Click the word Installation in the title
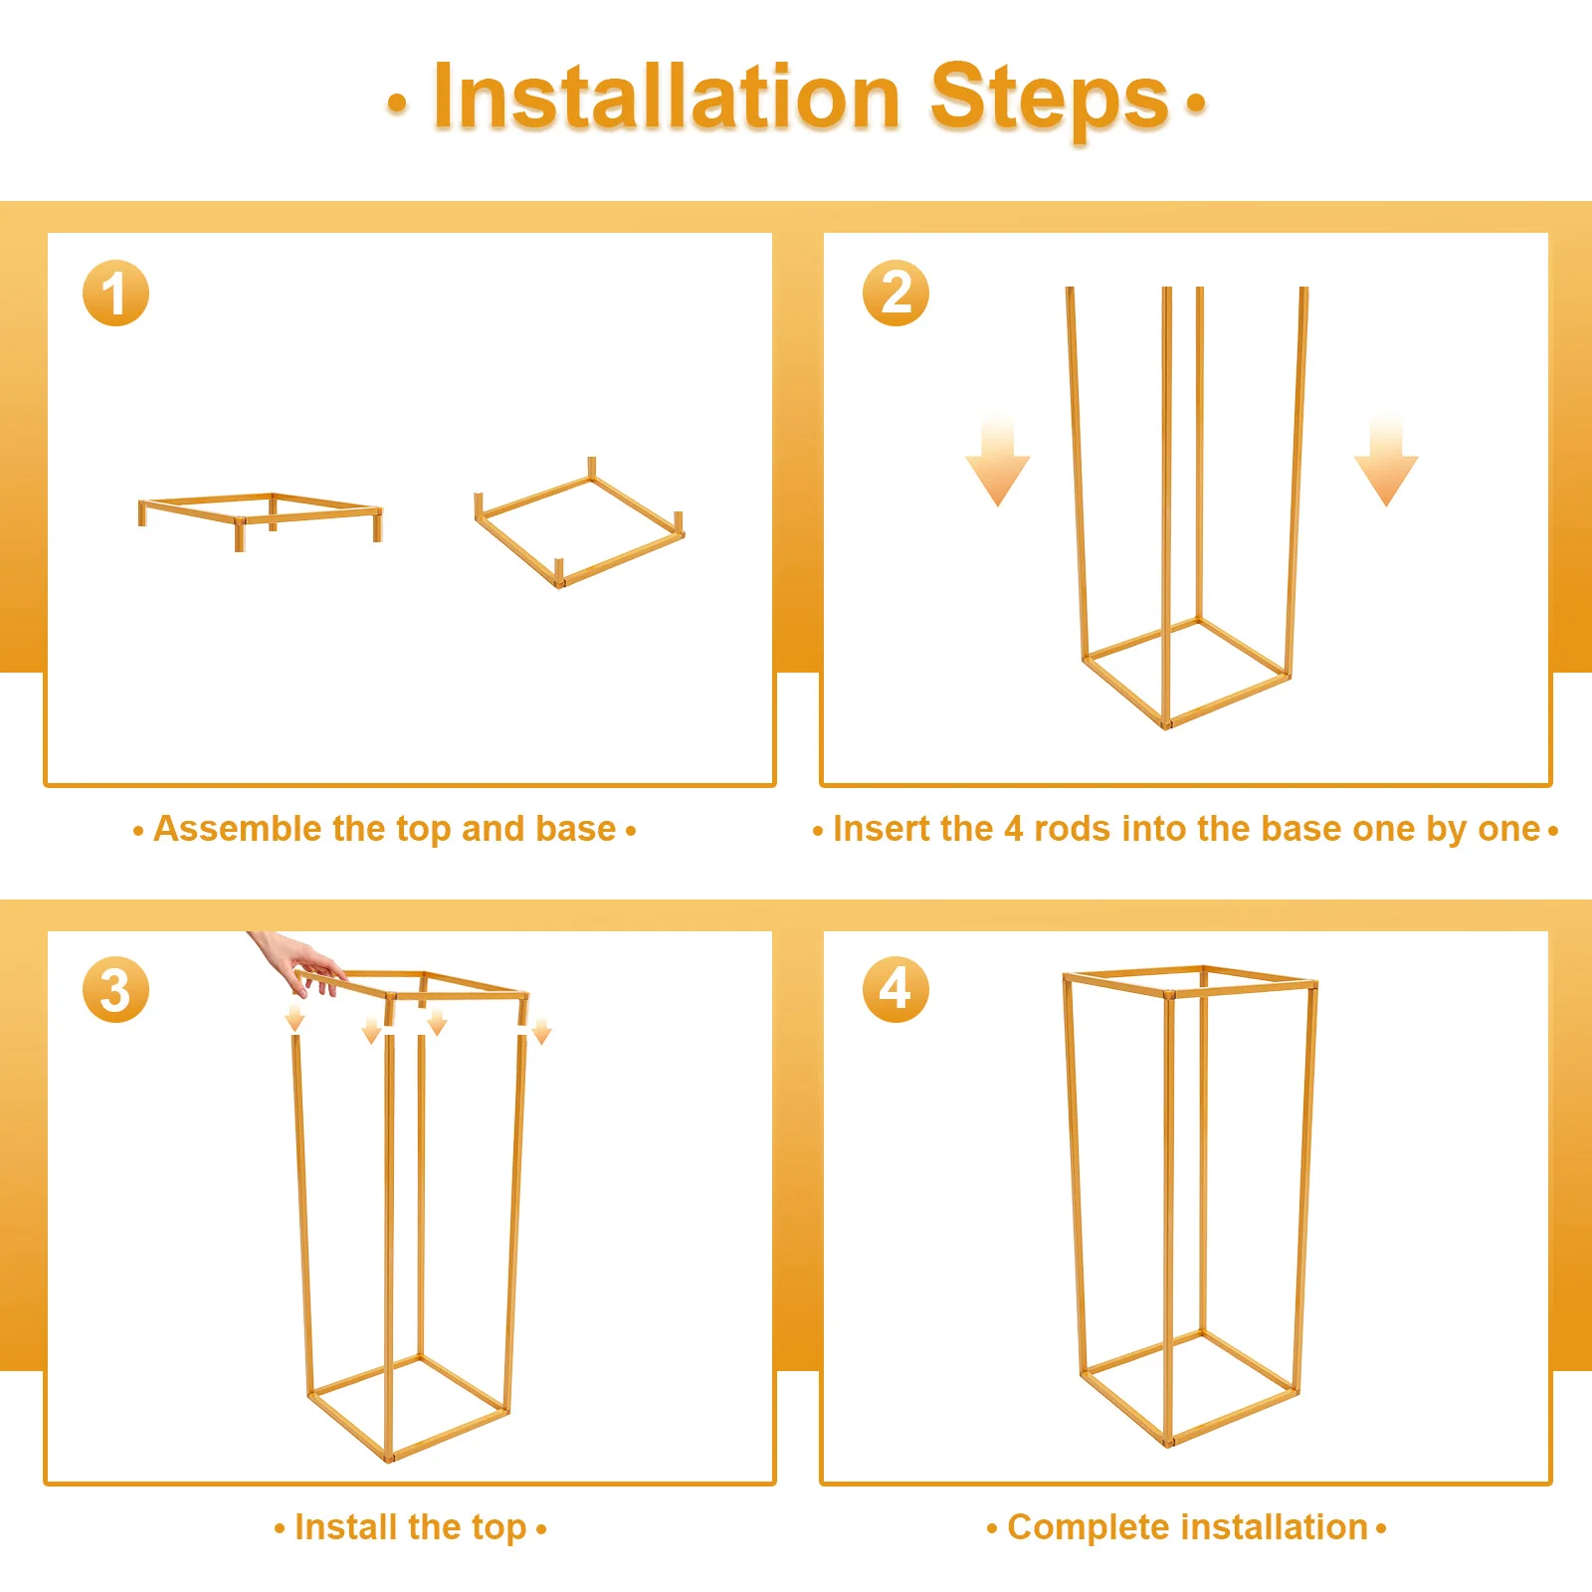(668, 97)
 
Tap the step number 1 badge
(115, 294)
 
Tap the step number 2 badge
(895, 294)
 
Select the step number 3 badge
(115, 990)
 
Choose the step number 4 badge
(895, 990)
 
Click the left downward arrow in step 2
(997, 464)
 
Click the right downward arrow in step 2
(1386, 464)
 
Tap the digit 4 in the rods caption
(1013, 829)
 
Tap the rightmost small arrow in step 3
(541, 1032)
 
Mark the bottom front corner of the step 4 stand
(1168, 1441)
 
